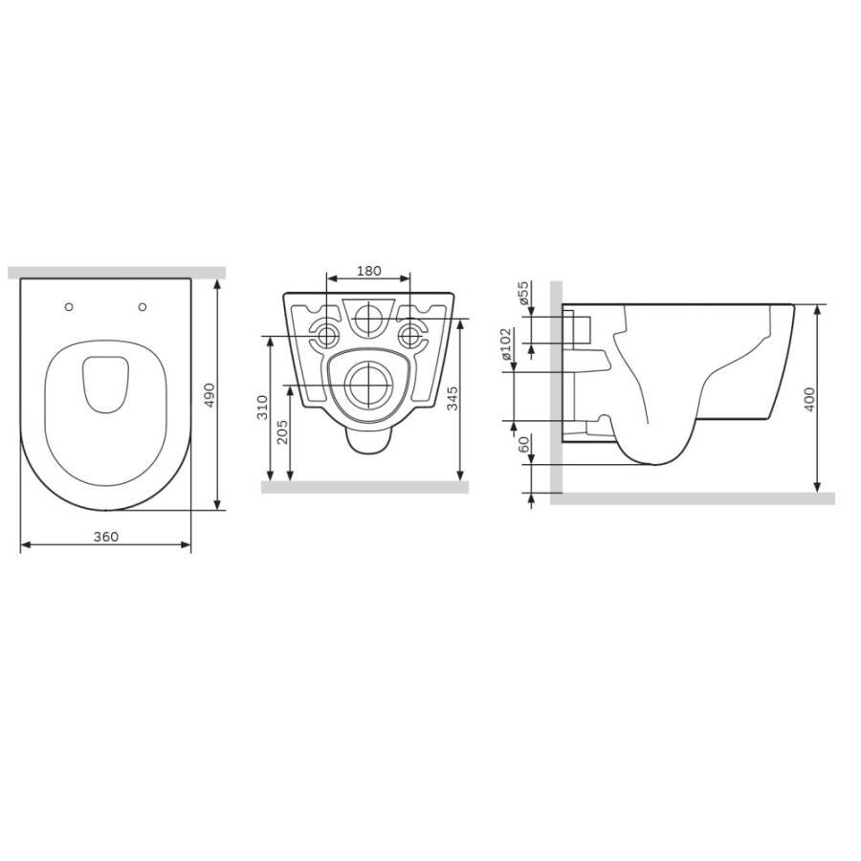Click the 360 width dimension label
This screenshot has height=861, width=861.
105,537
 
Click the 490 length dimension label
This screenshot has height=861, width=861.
210,395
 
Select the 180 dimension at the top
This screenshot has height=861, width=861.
368,271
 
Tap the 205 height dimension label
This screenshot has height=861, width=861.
281,432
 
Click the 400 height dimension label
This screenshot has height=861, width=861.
809,399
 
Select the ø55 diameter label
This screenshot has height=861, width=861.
523,293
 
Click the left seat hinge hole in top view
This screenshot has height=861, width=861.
69,307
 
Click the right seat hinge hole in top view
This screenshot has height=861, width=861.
143,307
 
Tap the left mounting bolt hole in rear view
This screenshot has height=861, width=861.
326,335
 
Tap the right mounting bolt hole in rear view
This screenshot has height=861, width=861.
411,335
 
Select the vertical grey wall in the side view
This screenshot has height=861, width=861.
556,383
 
